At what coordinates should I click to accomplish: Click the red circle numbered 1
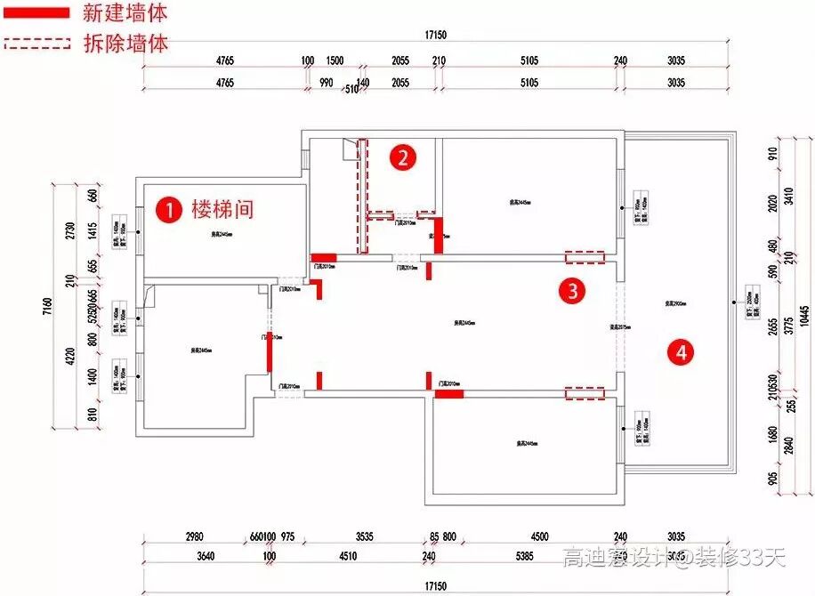coord(166,209)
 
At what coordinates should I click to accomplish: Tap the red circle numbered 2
coord(403,158)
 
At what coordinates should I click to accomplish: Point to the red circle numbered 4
coord(682,352)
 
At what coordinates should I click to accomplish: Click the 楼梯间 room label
coord(222,209)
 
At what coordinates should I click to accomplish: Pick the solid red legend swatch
coord(36,13)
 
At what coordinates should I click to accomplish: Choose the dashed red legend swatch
coord(36,42)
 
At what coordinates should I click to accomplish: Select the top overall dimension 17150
coord(435,35)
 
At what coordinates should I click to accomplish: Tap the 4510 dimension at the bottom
coord(347,557)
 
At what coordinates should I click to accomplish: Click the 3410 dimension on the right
coord(787,194)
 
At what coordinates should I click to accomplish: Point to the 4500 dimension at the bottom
coord(540,537)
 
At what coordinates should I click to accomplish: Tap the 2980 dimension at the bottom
coord(194,537)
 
